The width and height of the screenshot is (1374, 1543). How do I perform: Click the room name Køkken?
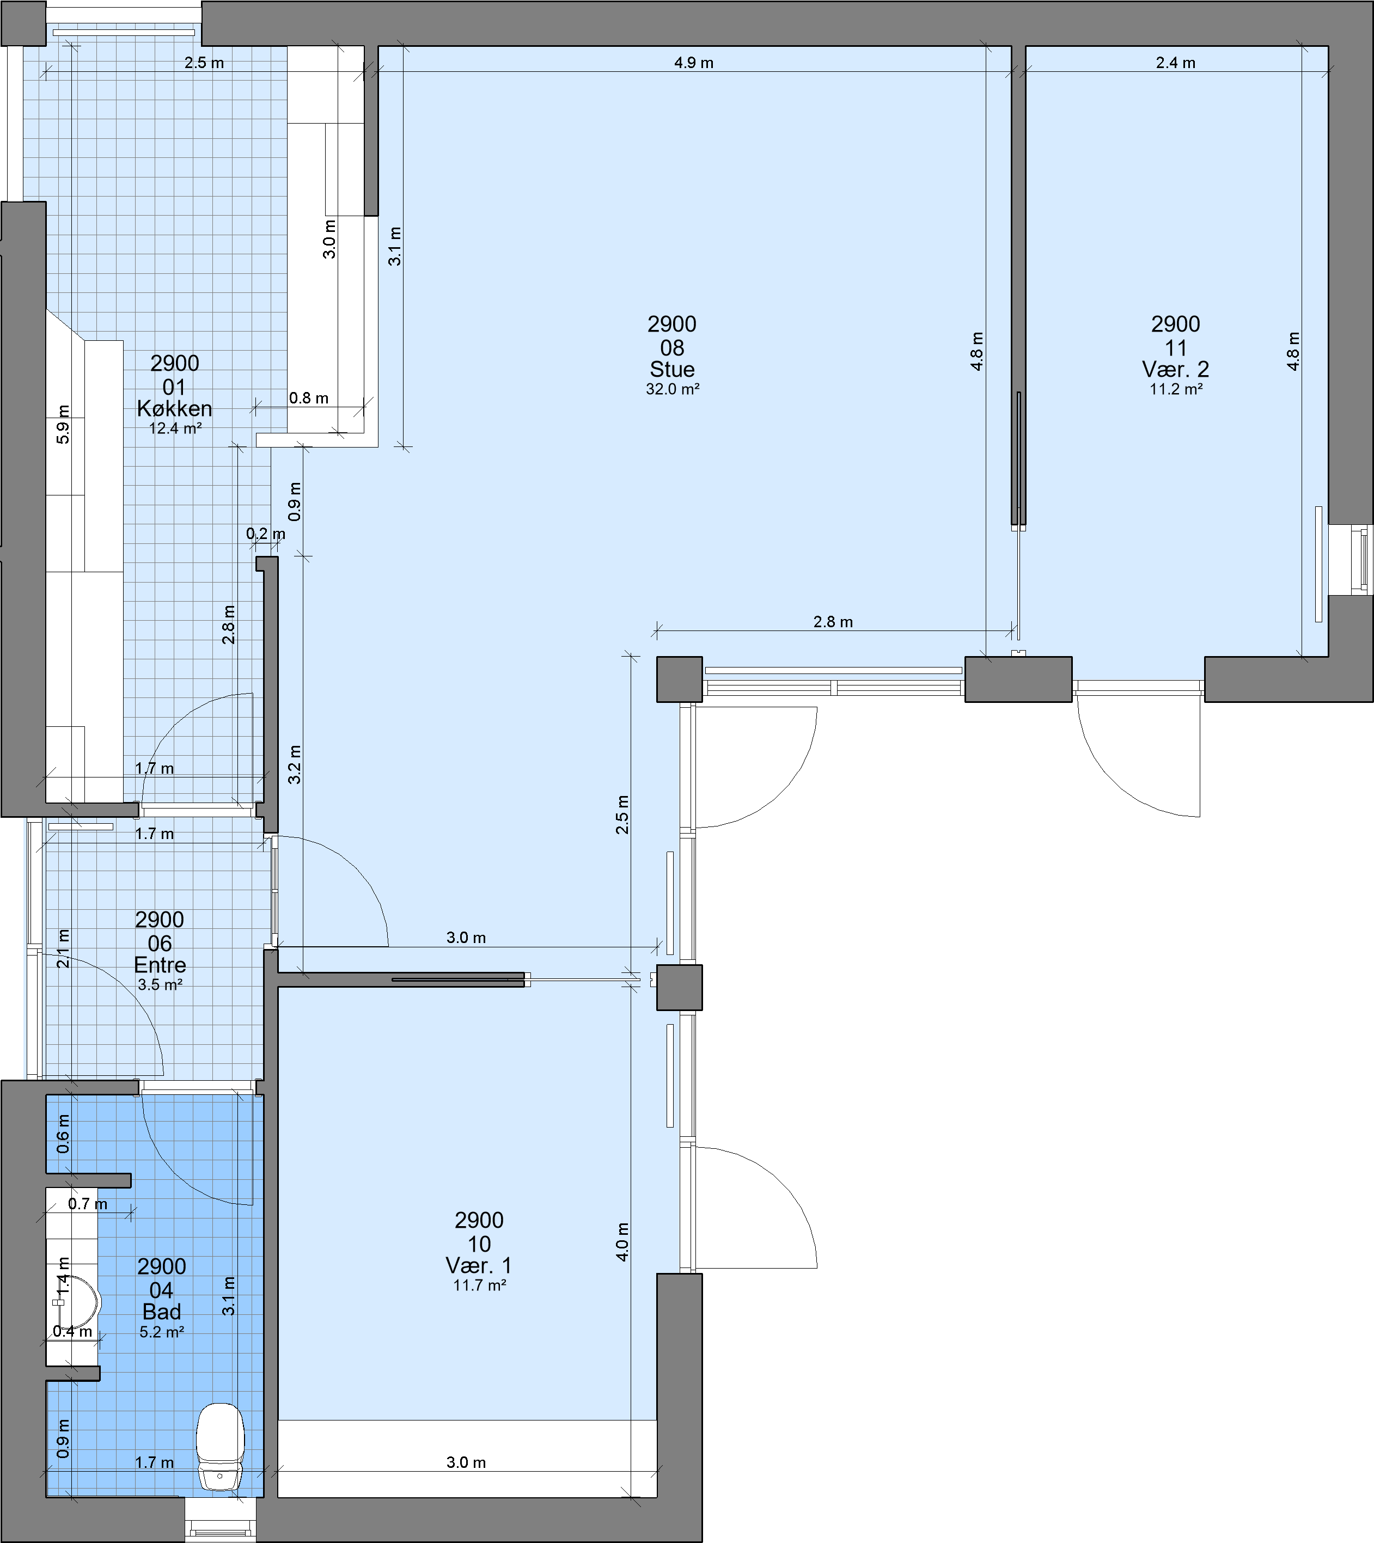click(174, 408)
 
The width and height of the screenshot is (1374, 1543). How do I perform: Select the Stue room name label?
click(672, 369)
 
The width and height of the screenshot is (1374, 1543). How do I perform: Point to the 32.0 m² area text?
click(672, 389)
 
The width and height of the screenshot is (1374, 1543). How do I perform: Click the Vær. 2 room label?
click(1175, 369)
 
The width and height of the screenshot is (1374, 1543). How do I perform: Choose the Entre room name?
click(160, 965)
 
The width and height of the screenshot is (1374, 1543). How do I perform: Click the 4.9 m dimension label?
click(694, 63)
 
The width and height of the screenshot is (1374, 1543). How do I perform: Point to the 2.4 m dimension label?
click(1175, 63)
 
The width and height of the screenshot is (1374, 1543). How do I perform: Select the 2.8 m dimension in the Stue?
click(833, 622)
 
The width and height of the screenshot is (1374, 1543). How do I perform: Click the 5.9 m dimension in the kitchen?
click(63, 424)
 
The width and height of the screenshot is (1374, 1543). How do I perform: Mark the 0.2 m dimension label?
click(266, 534)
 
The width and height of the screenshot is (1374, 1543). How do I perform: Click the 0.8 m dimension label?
click(309, 398)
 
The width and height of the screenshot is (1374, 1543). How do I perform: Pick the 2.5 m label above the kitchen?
click(204, 63)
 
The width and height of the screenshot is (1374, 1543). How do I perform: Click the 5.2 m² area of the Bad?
click(162, 1332)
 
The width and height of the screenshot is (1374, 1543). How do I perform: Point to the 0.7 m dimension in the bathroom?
click(88, 1204)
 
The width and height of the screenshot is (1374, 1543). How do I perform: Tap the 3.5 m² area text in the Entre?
click(160, 984)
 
